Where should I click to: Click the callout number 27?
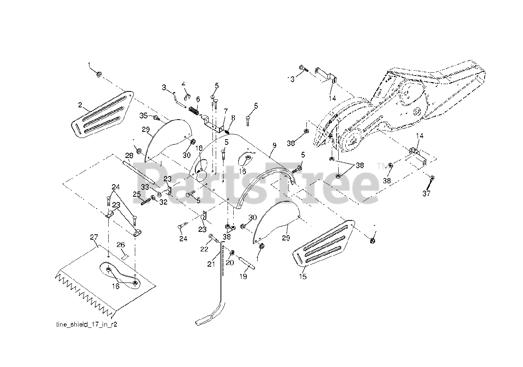pyautogui.click(x=94, y=237)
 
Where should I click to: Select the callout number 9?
pyautogui.click(x=274, y=145)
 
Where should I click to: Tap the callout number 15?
pyautogui.click(x=303, y=277)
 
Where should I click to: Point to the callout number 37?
pyautogui.click(x=427, y=194)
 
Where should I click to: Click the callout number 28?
pyautogui.click(x=129, y=156)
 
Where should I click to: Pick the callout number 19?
pyautogui.click(x=243, y=276)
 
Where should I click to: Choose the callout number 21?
pyautogui.click(x=211, y=264)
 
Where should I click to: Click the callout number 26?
pyautogui.click(x=121, y=245)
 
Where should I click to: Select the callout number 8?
pyautogui.click(x=233, y=118)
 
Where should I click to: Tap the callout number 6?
pyautogui.click(x=198, y=99)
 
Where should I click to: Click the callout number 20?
pyautogui.click(x=230, y=263)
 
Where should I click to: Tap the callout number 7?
pyautogui.click(x=225, y=111)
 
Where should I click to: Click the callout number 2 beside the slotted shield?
pyautogui.click(x=80, y=105)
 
